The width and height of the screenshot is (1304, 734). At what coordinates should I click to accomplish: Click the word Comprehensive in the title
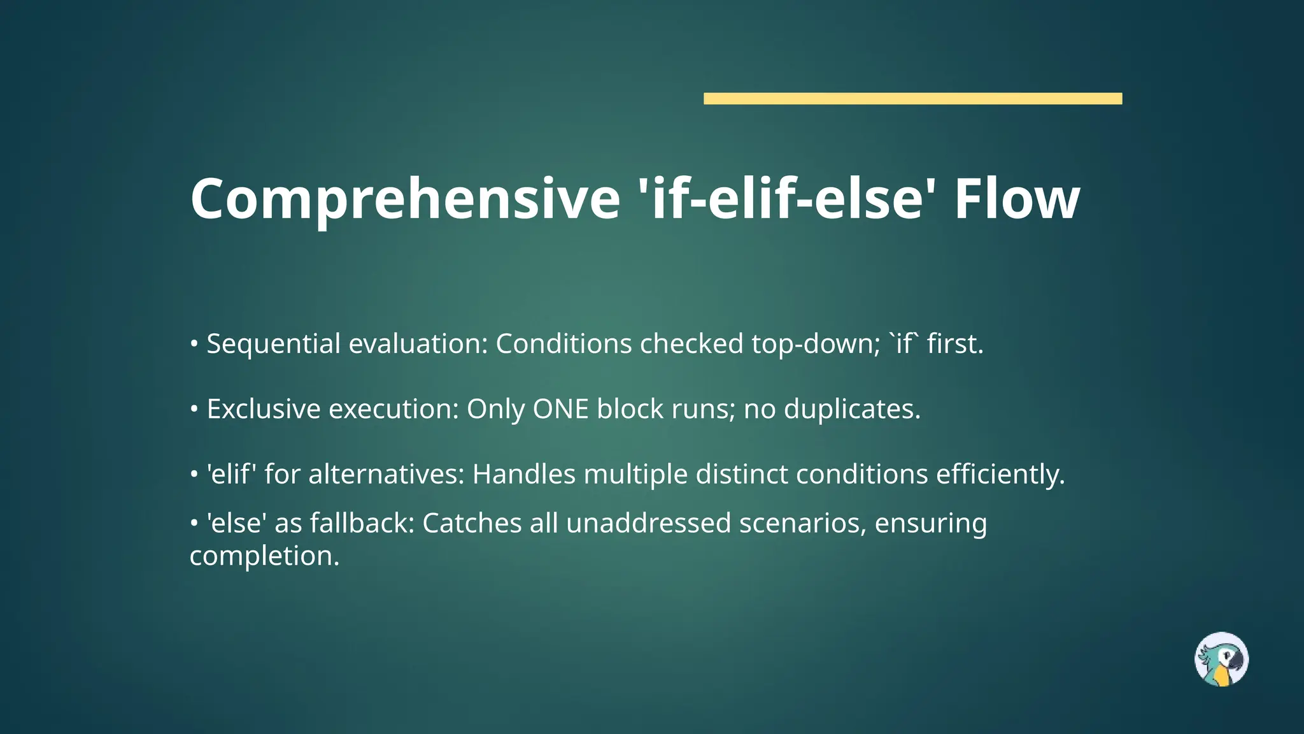click(x=405, y=199)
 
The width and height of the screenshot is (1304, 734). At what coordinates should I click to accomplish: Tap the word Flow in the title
click(x=1017, y=199)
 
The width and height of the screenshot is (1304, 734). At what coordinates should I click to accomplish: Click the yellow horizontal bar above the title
click(x=912, y=98)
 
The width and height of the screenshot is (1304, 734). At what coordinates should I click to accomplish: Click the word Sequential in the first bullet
click(x=274, y=344)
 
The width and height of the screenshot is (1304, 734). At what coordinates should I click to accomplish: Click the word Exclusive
click(x=263, y=409)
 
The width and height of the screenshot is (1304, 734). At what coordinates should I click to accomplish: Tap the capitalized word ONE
click(x=560, y=409)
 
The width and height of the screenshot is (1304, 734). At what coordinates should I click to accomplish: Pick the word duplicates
click(x=852, y=409)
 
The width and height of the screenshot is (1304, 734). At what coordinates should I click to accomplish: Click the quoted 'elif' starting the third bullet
click(x=231, y=475)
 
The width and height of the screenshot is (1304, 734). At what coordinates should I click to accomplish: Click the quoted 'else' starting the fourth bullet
click(x=236, y=524)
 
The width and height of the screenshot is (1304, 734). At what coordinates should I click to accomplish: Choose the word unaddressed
click(x=648, y=524)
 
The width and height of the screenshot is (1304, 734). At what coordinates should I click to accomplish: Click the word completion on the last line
click(x=264, y=556)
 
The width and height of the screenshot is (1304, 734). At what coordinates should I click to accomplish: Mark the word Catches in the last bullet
click(x=472, y=524)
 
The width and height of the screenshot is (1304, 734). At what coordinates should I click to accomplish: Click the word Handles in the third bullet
click(x=523, y=475)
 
